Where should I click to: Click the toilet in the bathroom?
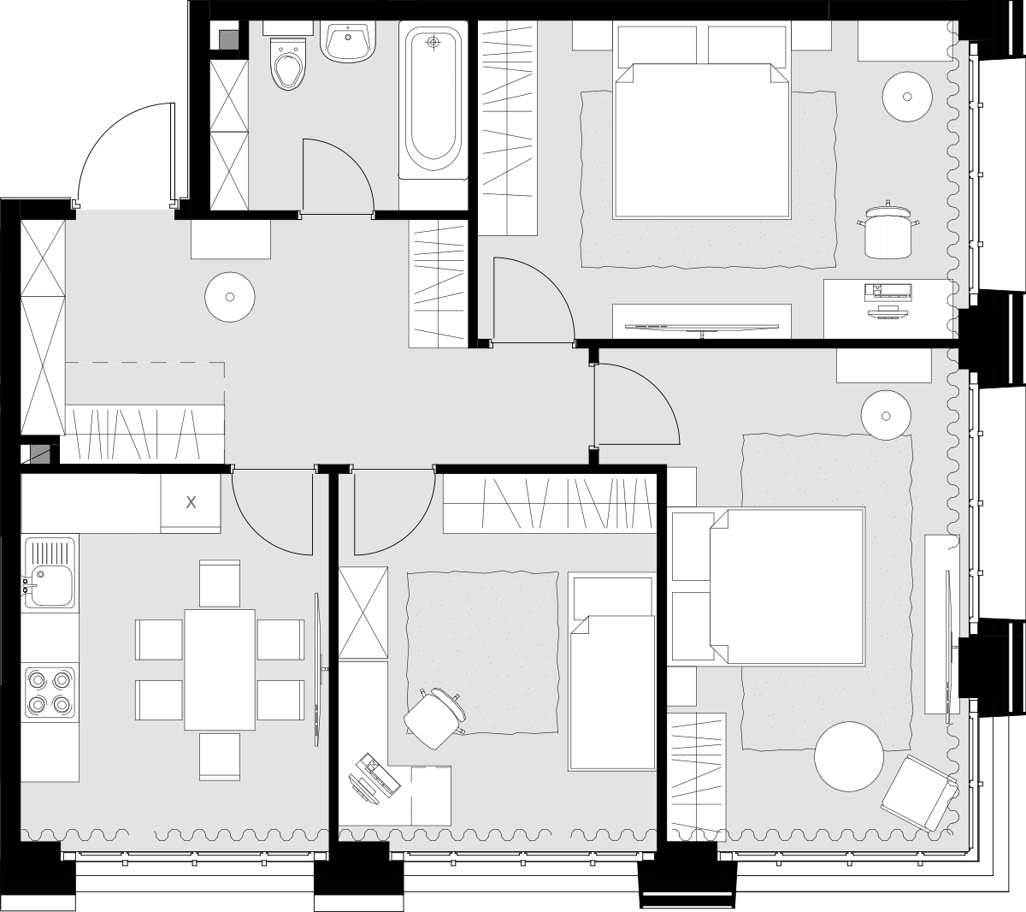287,62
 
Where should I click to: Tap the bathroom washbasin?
347,42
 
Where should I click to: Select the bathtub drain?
433,42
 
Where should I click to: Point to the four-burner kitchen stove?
50,691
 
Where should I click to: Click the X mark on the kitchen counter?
191,502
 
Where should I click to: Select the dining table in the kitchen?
219,670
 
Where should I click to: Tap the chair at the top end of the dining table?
220,583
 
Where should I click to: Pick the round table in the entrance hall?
230,297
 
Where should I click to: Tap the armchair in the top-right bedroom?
888,229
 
